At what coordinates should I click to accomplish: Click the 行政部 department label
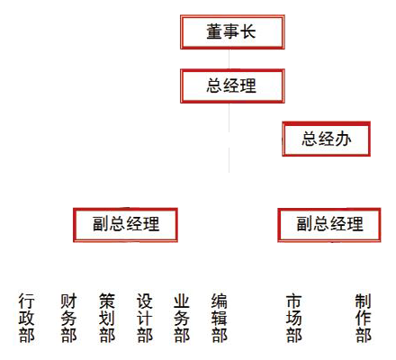(x=26, y=318)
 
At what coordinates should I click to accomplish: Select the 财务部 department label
(x=68, y=318)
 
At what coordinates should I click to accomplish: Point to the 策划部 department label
(x=107, y=318)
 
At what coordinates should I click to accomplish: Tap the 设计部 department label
(x=145, y=318)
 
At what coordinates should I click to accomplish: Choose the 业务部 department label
(x=182, y=318)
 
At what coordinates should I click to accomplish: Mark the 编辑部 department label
(x=220, y=318)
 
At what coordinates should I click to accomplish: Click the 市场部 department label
(x=294, y=318)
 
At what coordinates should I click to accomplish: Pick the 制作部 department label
(x=364, y=318)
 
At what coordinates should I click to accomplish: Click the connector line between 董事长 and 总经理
(x=229, y=59)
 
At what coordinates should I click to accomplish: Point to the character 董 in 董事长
(x=214, y=31)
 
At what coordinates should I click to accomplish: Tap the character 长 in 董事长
(x=247, y=31)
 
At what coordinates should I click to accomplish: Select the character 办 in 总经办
(x=343, y=139)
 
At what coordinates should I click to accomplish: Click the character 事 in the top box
(x=231, y=31)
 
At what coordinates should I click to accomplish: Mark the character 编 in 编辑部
(x=220, y=301)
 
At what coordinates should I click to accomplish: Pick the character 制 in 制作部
(x=364, y=301)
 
